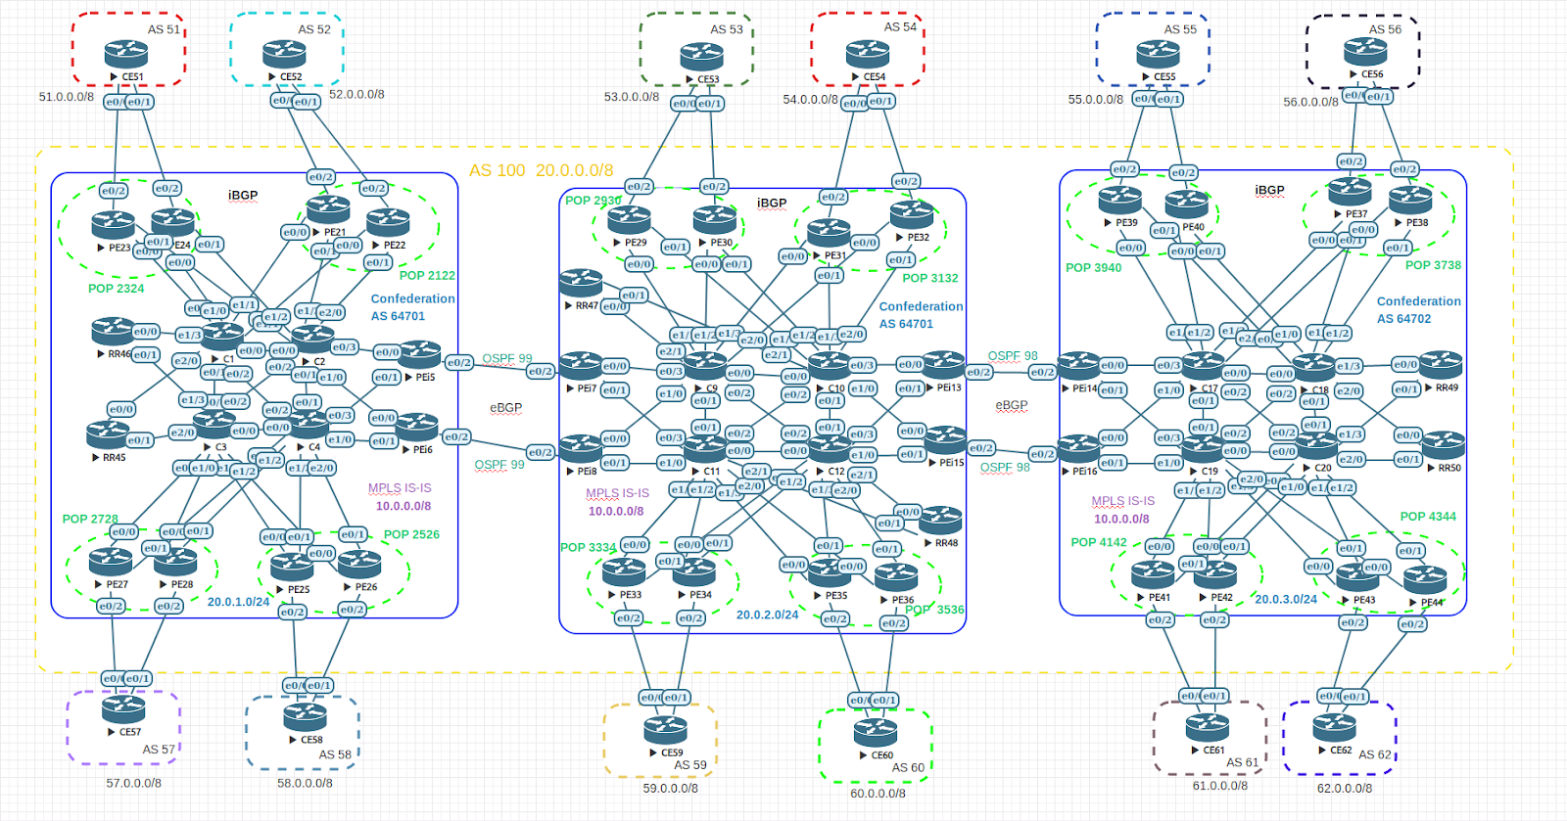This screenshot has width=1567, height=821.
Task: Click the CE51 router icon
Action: pyautogui.click(x=126, y=54)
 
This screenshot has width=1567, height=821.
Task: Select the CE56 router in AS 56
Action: pyautogui.click(x=1365, y=51)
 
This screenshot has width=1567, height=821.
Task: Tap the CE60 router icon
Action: pyautogui.click(x=876, y=732)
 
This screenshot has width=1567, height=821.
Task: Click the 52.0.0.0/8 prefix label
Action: pyautogui.click(x=356, y=95)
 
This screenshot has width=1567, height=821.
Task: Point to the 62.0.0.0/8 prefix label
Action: pyautogui.click(x=1344, y=788)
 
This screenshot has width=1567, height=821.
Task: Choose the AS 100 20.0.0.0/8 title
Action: pyautogui.click(x=541, y=170)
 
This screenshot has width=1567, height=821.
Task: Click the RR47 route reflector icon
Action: pyautogui.click(x=581, y=283)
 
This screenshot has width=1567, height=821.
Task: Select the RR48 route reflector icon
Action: pyautogui.click(x=940, y=520)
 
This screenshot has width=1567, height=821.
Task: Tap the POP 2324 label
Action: pyautogui.click(x=116, y=289)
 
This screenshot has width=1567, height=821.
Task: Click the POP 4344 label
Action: pyautogui.click(x=1427, y=517)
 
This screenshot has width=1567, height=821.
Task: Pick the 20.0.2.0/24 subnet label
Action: pyautogui.click(x=767, y=616)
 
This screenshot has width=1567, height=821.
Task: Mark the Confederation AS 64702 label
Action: pyautogui.click(x=1418, y=310)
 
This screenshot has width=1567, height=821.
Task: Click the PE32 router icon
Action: pyautogui.click(x=912, y=214)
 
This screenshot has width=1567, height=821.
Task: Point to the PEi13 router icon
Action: pyautogui.click(x=943, y=365)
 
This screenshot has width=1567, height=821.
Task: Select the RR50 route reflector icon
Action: pyautogui.click(x=1443, y=445)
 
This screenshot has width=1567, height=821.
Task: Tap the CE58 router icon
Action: pyautogui.click(x=305, y=717)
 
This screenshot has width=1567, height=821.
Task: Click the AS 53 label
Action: pyautogui.click(x=727, y=29)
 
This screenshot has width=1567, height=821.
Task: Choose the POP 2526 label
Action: pyautogui.click(x=411, y=534)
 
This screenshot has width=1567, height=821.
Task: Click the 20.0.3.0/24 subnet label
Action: pyautogui.click(x=1286, y=599)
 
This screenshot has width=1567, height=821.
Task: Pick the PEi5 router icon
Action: pyautogui.click(x=419, y=354)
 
